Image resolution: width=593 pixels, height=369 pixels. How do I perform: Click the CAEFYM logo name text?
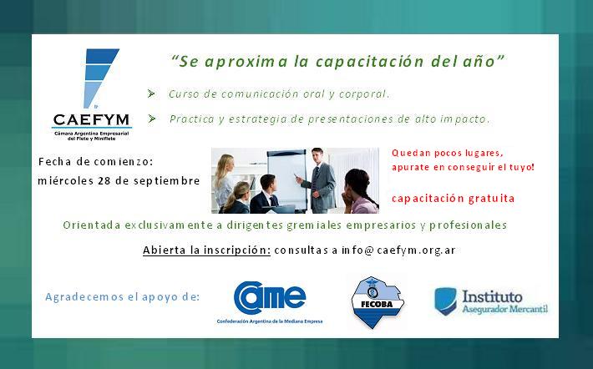91,120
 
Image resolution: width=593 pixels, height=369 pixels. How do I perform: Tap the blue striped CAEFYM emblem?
99,78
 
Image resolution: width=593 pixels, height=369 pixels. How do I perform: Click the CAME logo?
270,302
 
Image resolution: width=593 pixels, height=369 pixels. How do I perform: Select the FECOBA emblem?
377,302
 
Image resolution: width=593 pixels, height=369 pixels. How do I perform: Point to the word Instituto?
492,296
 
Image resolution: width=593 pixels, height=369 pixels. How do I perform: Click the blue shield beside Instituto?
445,301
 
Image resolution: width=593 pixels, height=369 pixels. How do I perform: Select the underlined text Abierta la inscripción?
206,250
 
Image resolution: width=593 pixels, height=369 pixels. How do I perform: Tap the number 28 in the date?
104,180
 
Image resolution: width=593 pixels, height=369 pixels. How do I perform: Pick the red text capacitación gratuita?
453,199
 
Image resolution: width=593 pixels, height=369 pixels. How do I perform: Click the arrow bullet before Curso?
151,94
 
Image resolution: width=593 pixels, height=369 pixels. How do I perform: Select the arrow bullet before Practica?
152,119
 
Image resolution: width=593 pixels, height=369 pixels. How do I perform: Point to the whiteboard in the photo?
286,179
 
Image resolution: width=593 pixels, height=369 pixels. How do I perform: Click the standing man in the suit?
320,180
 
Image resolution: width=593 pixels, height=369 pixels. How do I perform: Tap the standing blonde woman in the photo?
225,180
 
